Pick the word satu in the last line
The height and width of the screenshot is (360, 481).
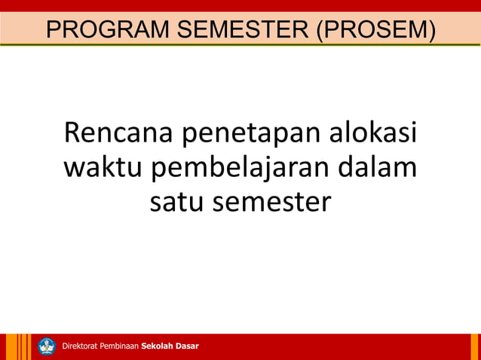click(176, 201)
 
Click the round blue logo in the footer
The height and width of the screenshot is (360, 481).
click(47, 346)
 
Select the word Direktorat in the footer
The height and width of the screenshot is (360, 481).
click(79, 346)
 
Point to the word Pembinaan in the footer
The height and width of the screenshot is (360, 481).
click(118, 346)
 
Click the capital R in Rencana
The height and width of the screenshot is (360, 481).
click(74, 133)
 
